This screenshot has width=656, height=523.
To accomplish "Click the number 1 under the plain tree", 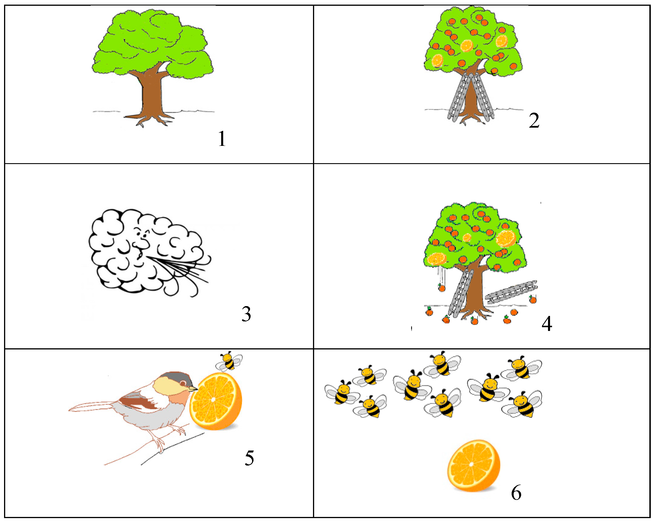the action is click(222, 139).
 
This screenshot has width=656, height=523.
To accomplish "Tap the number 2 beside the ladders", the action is click(534, 120).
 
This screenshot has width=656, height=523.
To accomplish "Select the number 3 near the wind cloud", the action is click(246, 314).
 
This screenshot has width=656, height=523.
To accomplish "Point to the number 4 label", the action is click(547, 324).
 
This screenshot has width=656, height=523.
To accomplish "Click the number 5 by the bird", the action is click(249, 458).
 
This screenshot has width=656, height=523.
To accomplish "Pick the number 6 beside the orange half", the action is click(516, 493).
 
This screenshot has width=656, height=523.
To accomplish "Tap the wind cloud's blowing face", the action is click(140, 243).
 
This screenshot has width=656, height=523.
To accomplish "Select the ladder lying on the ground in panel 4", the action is click(511, 292).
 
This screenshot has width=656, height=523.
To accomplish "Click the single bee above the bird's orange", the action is click(229, 361).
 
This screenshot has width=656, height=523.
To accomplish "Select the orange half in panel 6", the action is click(474, 465).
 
